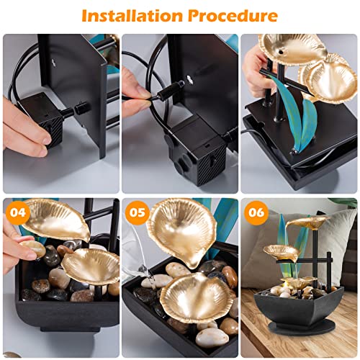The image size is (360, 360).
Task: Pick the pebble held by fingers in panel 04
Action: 32,248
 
